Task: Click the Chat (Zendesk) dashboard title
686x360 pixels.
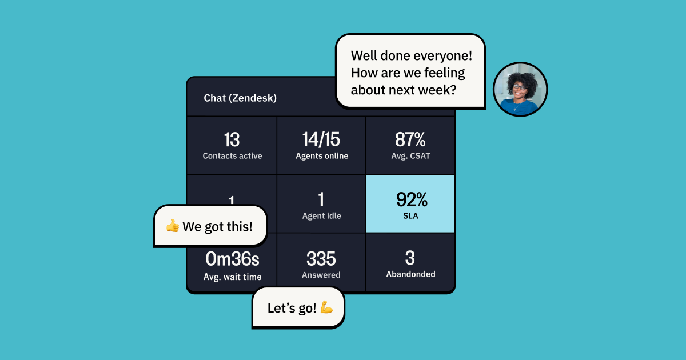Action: tap(240, 98)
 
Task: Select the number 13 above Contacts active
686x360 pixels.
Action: tap(232, 140)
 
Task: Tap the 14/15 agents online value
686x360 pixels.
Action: tap(321, 140)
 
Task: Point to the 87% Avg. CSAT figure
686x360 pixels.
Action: tap(410, 140)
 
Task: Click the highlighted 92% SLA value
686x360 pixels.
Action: tap(411, 199)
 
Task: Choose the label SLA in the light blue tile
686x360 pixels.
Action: tap(410, 216)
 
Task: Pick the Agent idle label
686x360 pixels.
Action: tap(321, 216)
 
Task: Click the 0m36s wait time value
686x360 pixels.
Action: tap(232, 259)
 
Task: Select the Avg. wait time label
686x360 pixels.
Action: tap(232, 277)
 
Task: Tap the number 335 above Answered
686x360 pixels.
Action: tap(321, 259)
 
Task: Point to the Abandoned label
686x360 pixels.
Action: tap(410, 274)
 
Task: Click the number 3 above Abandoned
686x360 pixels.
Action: tap(410, 258)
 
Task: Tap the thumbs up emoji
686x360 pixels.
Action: tap(172, 226)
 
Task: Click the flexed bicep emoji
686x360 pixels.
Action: tap(326, 308)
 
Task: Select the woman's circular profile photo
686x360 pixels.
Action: tap(520, 89)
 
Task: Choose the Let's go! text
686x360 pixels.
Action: tap(292, 309)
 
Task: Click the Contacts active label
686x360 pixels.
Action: tap(232, 156)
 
